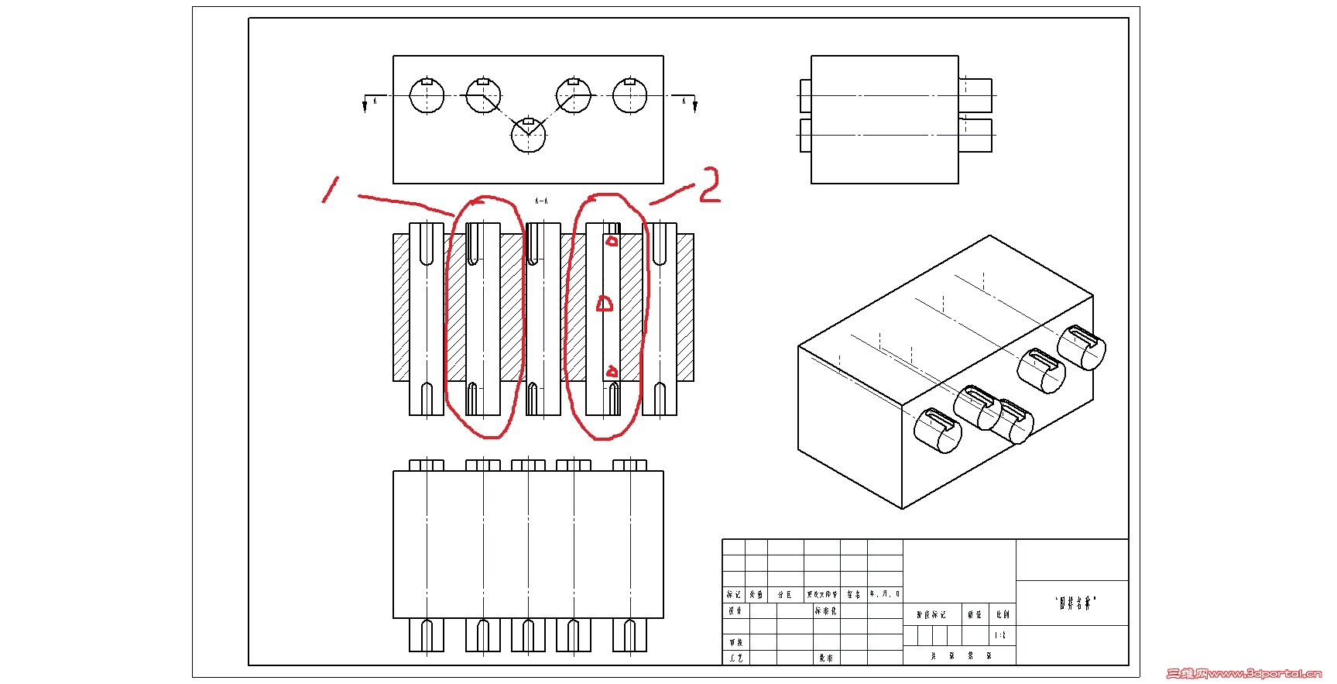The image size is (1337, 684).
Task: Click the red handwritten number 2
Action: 710,186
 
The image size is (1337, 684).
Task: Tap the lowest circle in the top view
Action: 529,135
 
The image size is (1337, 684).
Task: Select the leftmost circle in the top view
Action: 427,95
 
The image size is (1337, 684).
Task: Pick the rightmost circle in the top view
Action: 629,95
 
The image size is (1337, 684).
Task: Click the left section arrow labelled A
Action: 365,103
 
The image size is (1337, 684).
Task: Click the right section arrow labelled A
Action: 694,103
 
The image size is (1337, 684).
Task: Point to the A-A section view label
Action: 541,201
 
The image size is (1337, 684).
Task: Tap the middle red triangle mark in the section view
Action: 605,304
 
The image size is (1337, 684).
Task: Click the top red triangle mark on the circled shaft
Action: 612,241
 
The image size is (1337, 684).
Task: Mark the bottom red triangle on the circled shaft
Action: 612,373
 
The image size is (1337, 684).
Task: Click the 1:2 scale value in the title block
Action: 1000,635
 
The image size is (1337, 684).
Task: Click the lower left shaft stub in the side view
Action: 805,135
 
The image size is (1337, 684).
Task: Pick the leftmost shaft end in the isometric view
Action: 938,430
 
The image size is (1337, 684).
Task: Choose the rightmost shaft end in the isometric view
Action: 1082,347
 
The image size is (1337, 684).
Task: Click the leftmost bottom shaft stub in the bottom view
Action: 427,635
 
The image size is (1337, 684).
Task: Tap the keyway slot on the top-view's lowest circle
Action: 529,122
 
